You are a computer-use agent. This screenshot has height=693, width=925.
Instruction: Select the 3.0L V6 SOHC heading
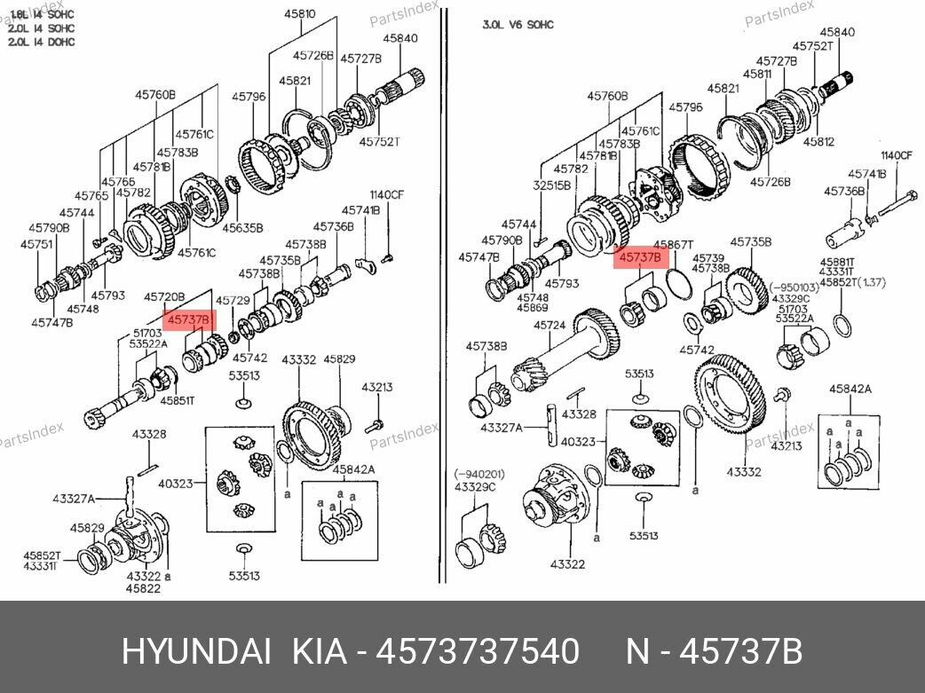pyautogui.click(x=518, y=25)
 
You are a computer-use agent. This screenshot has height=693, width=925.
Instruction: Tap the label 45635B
pyautogui.click(x=242, y=228)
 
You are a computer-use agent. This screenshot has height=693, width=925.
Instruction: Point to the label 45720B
pyautogui.click(x=164, y=296)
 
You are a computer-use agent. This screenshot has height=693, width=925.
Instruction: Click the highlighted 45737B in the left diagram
pyautogui.click(x=189, y=319)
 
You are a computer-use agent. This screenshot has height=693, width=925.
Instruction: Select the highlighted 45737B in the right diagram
pyautogui.click(x=640, y=257)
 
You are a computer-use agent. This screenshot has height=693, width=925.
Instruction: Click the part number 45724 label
pyautogui.click(x=549, y=326)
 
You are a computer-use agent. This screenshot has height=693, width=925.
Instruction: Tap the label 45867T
pyautogui.click(x=673, y=244)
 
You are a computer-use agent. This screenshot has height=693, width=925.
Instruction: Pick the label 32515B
pyautogui.click(x=551, y=185)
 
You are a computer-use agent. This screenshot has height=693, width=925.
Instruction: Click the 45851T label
pyautogui.click(x=177, y=401)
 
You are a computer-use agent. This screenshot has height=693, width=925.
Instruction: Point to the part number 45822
pyautogui.click(x=142, y=588)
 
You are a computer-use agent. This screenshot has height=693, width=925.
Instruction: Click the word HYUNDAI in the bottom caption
pyautogui.click(x=196, y=652)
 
